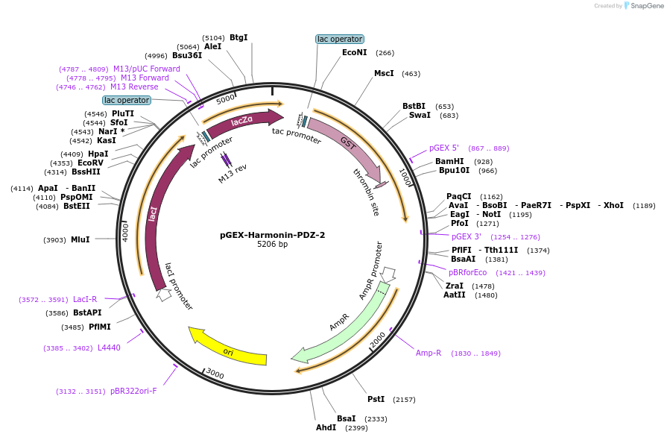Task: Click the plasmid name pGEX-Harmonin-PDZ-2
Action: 272,234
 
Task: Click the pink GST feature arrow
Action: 347,145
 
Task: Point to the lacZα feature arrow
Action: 243,123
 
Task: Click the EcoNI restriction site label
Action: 354,53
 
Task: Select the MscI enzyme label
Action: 384,74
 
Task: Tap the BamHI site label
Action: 449,161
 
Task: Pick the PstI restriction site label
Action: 376,400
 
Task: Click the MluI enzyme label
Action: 80,239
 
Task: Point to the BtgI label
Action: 238,37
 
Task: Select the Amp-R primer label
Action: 429,353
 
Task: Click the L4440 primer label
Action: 109,348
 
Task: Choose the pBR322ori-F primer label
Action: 133,391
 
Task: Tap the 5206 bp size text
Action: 272,245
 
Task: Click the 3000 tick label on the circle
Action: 215,373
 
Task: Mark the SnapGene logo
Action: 642,6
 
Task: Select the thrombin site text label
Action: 366,192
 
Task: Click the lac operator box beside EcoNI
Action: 339,39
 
